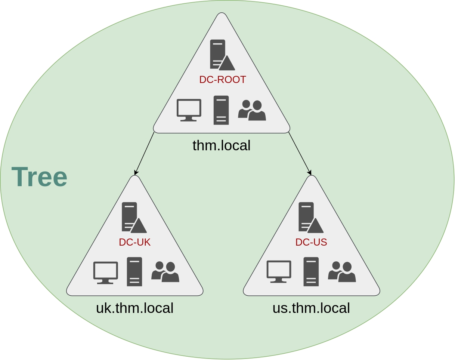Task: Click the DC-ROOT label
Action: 222,80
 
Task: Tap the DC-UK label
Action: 134,242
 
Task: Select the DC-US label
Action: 311,242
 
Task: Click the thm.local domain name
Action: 222,145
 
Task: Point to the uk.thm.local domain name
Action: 134,308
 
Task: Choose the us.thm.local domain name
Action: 311,308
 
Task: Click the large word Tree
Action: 39,177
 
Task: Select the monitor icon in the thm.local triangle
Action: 189,110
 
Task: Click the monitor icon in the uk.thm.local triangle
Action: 105,273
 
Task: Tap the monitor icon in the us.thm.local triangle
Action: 279,271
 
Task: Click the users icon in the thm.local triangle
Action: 252,110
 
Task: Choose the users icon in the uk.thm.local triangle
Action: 165,272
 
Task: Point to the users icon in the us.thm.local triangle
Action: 342,272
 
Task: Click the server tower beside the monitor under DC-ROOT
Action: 221,110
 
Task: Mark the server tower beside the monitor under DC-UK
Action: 134,272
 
